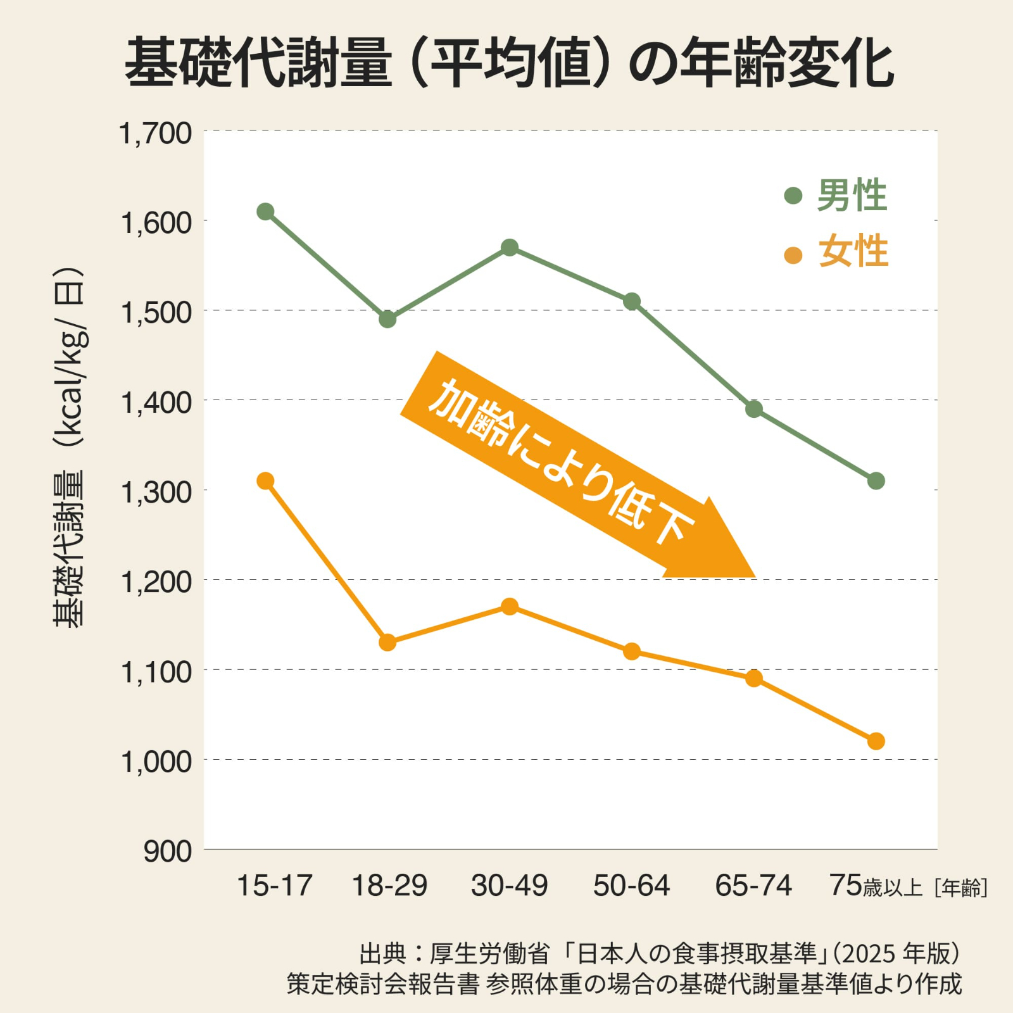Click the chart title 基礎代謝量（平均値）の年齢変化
pyautogui.click(x=510, y=63)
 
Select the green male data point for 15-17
pyautogui.click(x=265, y=211)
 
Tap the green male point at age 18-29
pyautogui.click(x=387, y=319)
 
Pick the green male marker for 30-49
pyautogui.click(x=510, y=248)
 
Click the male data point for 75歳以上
pyautogui.click(x=876, y=481)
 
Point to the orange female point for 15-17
pyautogui.click(x=265, y=481)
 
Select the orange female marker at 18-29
pyautogui.click(x=387, y=643)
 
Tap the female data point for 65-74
pyautogui.click(x=753, y=679)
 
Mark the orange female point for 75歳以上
pyautogui.click(x=876, y=741)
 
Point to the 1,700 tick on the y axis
pyautogui.click(x=156, y=134)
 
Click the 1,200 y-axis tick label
pyautogui.click(x=156, y=582)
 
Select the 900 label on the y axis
pyautogui.click(x=167, y=852)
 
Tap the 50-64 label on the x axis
pyautogui.click(x=631, y=885)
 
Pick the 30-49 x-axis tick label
pyautogui.click(x=510, y=885)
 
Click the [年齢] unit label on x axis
pyautogui.click(x=960, y=888)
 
